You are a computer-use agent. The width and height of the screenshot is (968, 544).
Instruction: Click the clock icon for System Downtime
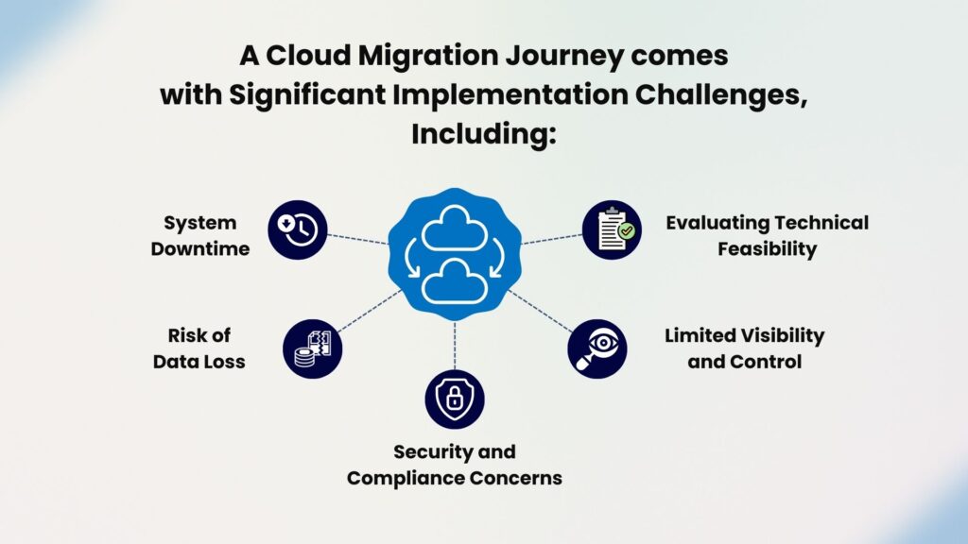tap(298, 229)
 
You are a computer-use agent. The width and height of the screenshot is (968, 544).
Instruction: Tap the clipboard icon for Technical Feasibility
tap(612, 229)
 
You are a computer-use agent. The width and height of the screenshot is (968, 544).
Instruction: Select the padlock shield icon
tap(455, 399)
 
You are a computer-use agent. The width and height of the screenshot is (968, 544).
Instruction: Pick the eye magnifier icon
tap(597, 348)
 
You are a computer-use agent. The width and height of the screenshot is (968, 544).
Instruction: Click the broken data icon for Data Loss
tap(312, 348)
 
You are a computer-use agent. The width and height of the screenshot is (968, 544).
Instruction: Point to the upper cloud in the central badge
tap(455, 229)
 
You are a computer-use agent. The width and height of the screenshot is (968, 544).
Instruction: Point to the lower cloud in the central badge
tap(455, 281)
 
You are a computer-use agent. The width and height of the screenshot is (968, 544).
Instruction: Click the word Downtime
tap(200, 248)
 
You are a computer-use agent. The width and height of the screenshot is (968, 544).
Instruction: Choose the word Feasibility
tap(767, 248)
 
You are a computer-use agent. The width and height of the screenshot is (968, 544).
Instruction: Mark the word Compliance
tap(405, 478)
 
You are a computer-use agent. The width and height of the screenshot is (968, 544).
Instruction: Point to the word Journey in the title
tap(565, 56)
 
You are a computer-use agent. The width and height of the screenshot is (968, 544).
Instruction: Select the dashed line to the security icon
tap(455, 346)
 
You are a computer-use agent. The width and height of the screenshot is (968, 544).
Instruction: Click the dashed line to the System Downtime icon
tap(357, 239)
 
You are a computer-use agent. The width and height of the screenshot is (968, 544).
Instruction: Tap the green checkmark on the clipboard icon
tap(627, 230)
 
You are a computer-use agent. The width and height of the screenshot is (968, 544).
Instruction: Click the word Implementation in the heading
tap(510, 95)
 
